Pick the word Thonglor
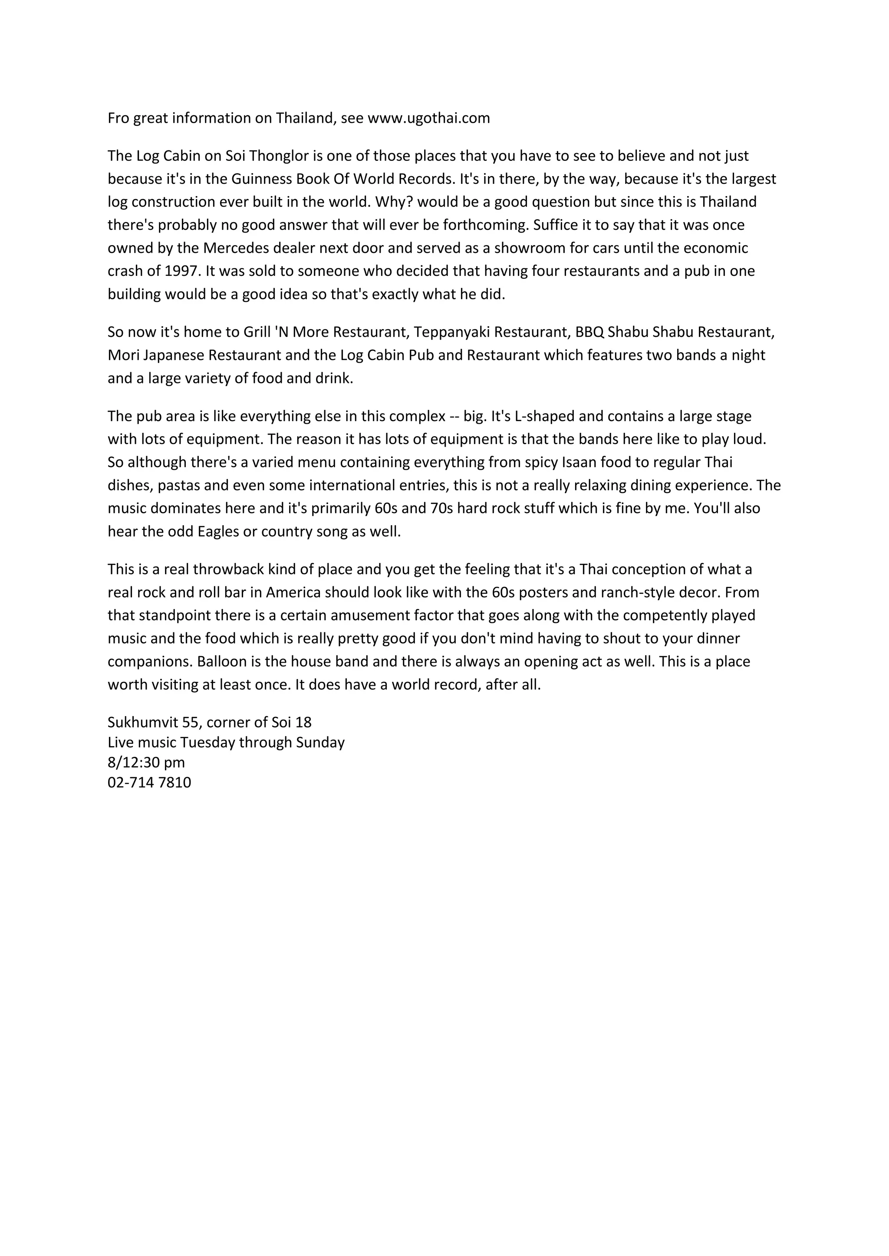[x=279, y=156]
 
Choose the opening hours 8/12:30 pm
[x=146, y=762]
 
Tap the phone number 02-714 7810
[x=149, y=782]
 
